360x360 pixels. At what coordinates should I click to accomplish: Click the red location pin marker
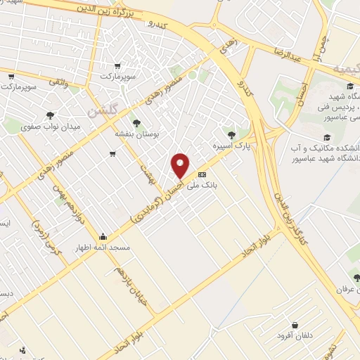pyautogui.click(x=181, y=166)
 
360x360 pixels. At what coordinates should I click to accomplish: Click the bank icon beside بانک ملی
pyautogui.click(x=202, y=174)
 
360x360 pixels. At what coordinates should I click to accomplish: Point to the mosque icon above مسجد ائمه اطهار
pyautogui.click(x=103, y=236)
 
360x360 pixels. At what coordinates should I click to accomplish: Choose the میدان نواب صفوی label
pyautogui.click(x=49, y=127)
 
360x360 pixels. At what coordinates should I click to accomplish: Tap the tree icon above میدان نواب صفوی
pyautogui.click(x=49, y=115)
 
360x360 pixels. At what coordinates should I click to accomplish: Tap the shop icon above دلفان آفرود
pyautogui.click(x=293, y=326)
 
